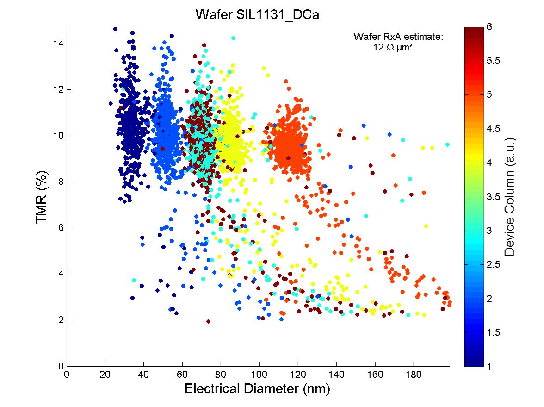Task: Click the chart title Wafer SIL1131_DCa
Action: pos(257,14)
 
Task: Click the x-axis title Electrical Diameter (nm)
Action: pos(257,388)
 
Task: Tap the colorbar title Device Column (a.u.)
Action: pos(509,197)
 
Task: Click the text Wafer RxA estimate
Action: pos(398,37)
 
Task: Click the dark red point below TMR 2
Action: pos(208,321)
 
